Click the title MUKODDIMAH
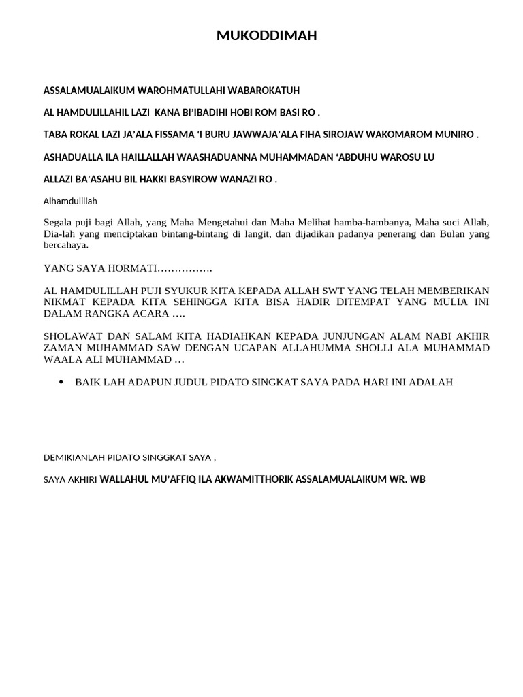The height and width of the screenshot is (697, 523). (x=266, y=36)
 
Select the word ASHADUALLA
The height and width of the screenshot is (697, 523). (x=72, y=157)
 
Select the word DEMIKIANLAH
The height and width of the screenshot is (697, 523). (x=78, y=457)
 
